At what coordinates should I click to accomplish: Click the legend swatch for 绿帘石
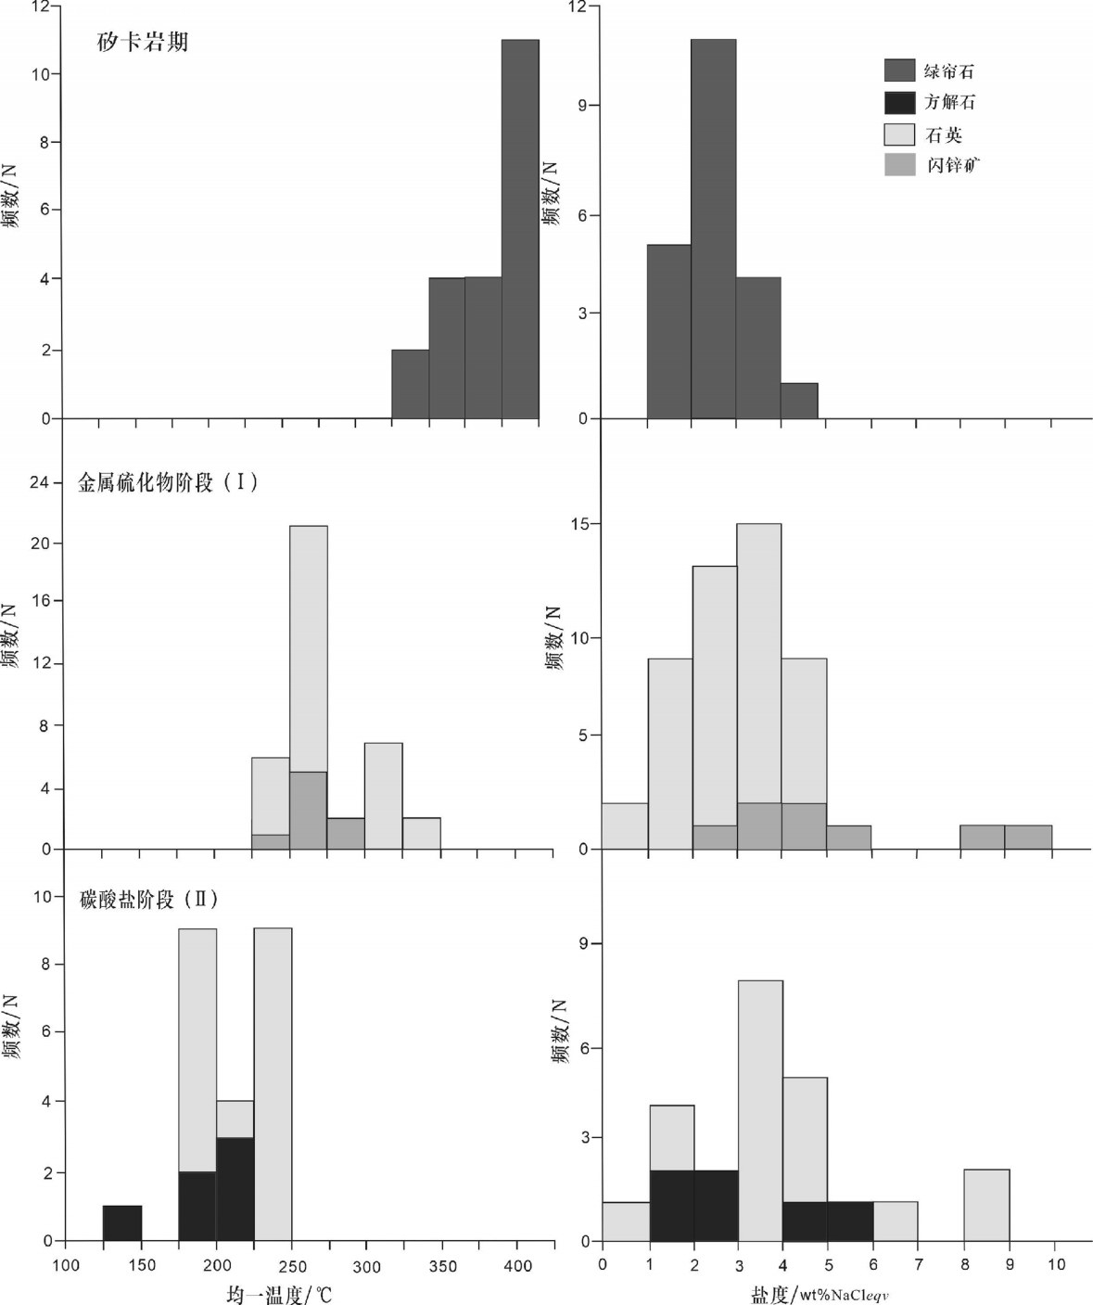899,70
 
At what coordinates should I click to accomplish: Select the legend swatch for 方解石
899,102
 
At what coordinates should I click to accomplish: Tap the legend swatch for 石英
899,134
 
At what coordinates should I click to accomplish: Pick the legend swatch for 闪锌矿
899,165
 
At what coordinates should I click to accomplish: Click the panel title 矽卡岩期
143,42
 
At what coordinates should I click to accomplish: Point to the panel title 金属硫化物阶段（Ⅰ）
168,482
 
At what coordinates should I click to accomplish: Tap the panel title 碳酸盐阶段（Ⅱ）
148,900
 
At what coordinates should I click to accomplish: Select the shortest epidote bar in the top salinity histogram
799,401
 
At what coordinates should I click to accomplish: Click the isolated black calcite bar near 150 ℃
122,1223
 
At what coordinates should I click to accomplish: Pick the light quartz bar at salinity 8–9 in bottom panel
986,1205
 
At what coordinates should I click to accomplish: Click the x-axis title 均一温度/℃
278,1293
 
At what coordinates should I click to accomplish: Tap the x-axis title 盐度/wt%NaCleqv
820,1293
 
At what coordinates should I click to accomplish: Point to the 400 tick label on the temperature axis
517,1266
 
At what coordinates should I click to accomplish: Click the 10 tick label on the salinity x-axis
1056,1264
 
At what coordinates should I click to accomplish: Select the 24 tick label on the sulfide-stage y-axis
39,482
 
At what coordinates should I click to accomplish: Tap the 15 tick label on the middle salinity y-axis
579,524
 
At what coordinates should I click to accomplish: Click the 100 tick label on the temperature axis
66,1266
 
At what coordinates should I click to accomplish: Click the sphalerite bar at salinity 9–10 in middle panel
1028,837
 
